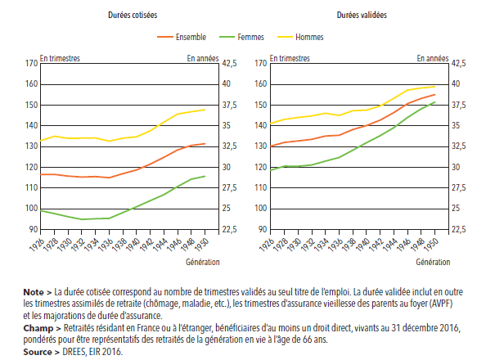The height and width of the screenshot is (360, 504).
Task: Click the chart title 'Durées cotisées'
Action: click(132, 16)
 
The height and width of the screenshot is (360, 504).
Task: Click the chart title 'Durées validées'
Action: click(360, 16)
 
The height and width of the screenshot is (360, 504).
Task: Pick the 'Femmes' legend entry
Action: click(250, 38)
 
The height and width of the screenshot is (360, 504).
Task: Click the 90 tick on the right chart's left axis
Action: click(260, 230)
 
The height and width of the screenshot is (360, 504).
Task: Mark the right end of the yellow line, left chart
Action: click(205, 110)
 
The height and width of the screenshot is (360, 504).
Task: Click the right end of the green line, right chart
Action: click(434, 102)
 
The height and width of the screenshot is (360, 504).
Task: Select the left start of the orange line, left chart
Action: click(40, 174)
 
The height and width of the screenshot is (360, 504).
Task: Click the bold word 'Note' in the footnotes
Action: click(34, 291)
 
